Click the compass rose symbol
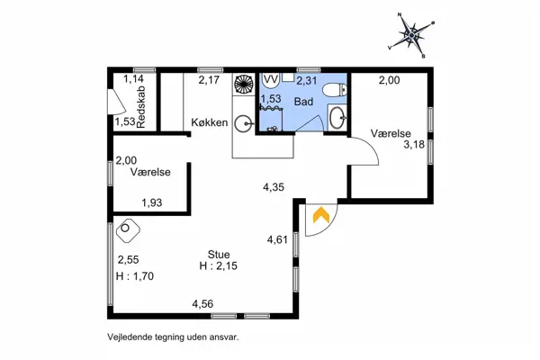pyautogui.click(x=411, y=34)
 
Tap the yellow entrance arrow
pyautogui.click(x=321, y=214)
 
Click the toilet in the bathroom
pyautogui.click(x=335, y=90)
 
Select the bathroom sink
pyautogui.click(x=337, y=118)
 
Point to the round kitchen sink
pyautogui.click(x=244, y=123)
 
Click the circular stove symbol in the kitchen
pyautogui.click(x=244, y=84)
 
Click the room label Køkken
pyautogui.click(x=210, y=122)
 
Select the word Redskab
pyautogui.click(x=141, y=107)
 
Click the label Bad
pyautogui.click(x=303, y=102)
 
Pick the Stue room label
pyautogui.click(x=219, y=255)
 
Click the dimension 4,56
pyautogui.click(x=202, y=304)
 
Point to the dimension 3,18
pyautogui.click(x=414, y=144)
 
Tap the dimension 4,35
pyautogui.click(x=274, y=187)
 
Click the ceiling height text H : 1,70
pyautogui.click(x=135, y=276)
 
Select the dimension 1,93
pyautogui.click(x=152, y=202)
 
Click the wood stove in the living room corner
pyautogui.click(x=128, y=229)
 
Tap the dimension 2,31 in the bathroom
pyautogui.click(x=307, y=81)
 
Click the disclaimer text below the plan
pyautogui.click(x=173, y=337)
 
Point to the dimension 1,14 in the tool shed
pyautogui.click(x=133, y=79)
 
